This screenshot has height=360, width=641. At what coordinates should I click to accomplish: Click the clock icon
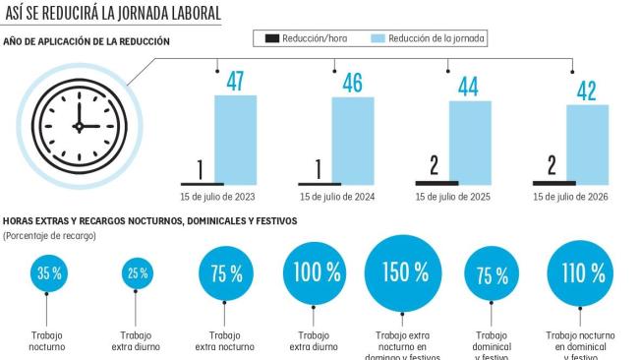(78, 124)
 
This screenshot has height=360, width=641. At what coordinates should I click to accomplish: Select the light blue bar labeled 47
(235, 140)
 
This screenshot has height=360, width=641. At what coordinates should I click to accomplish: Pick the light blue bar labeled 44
(470, 143)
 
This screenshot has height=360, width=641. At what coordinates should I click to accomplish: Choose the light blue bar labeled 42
(587, 145)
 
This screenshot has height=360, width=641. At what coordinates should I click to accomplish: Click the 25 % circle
(137, 274)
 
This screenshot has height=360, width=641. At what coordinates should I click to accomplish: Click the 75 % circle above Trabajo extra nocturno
(226, 274)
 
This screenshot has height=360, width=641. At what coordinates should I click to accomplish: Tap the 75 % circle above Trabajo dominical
(491, 275)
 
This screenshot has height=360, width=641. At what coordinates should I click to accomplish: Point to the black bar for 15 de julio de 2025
(437, 182)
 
